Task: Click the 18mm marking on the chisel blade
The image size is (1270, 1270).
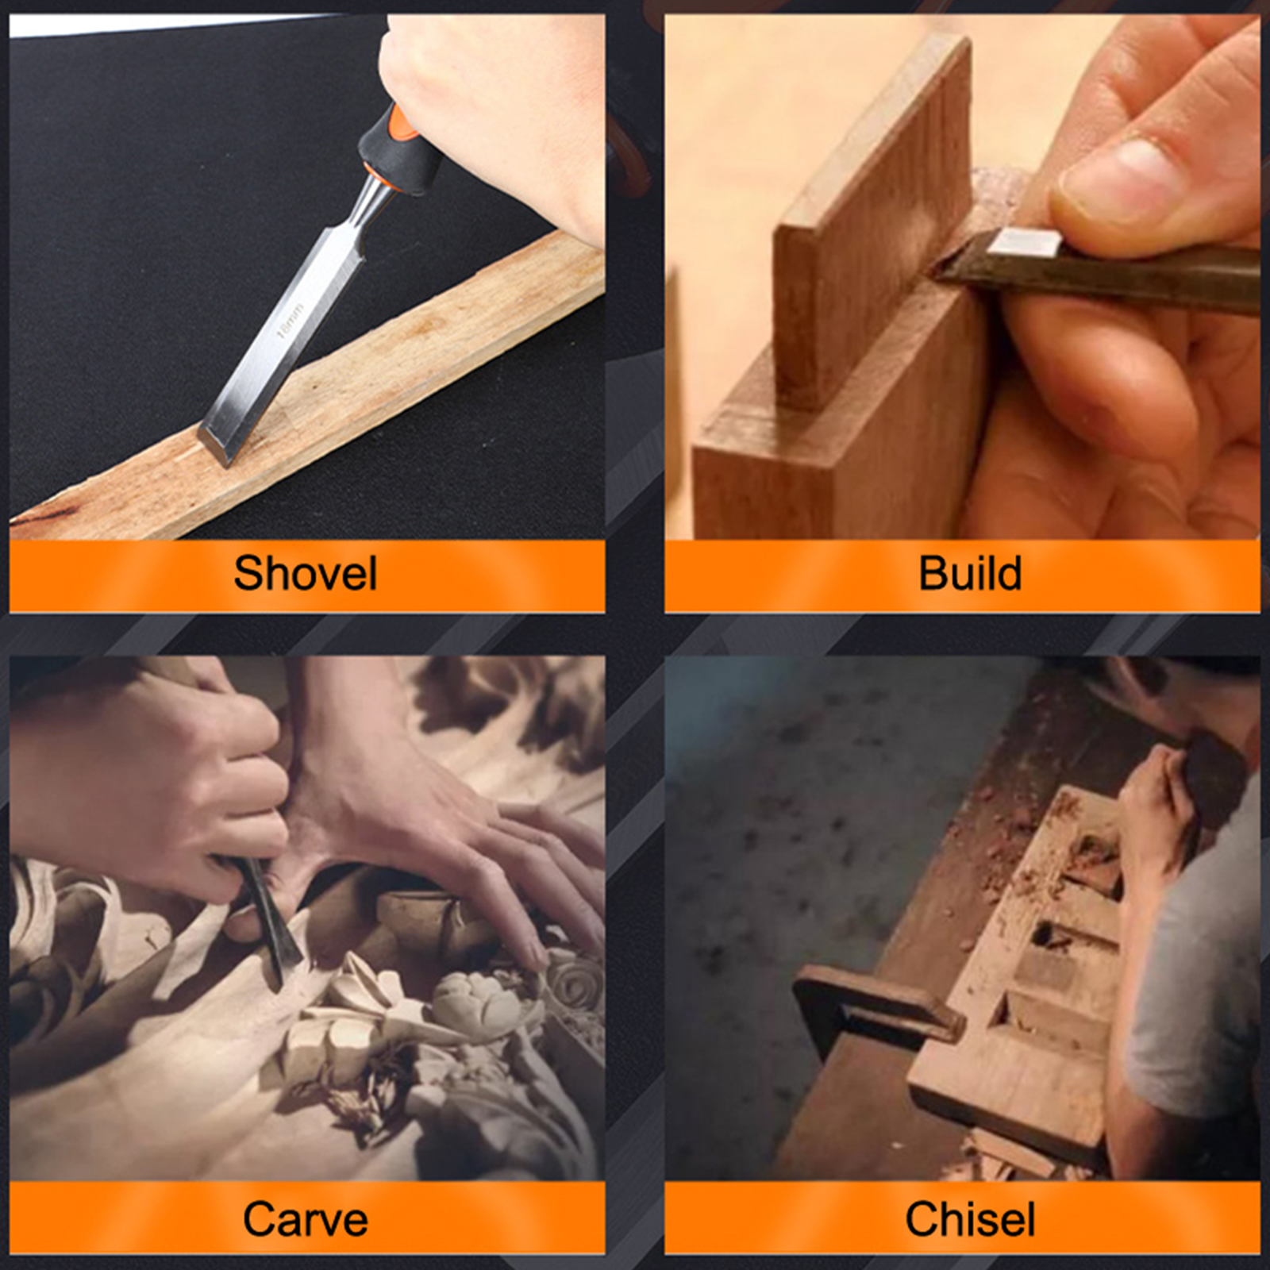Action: click(290, 320)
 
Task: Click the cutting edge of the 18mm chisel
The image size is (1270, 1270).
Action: click(213, 448)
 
